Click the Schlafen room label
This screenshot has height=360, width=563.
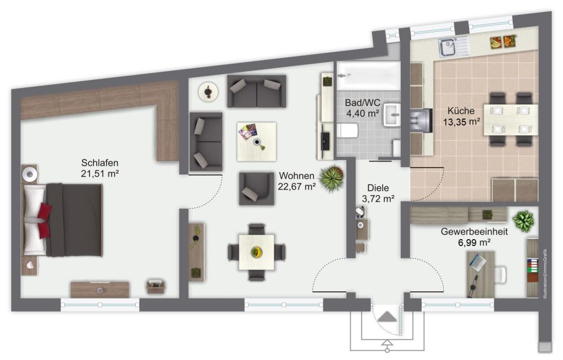pyautogui.click(x=100, y=163)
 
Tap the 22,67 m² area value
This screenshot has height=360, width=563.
pyautogui.click(x=296, y=187)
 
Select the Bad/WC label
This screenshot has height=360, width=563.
pyautogui.click(x=362, y=103)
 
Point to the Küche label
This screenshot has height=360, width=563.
pyautogui.click(x=461, y=111)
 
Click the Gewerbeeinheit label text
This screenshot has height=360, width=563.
pyautogui.click(x=474, y=231)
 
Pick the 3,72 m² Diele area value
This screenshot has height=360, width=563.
pyautogui.click(x=378, y=198)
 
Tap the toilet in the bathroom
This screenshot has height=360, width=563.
pyautogui.click(x=348, y=131)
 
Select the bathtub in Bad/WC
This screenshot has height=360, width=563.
pyautogui.click(x=368, y=76)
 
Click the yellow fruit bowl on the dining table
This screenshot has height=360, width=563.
pyautogui.click(x=256, y=252)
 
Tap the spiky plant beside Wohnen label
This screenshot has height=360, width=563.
pyautogui.click(x=331, y=179)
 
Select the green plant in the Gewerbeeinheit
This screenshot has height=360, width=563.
pyautogui.click(x=523, y=221)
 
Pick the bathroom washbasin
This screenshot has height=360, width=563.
pyautogui.click(x=392, y=115)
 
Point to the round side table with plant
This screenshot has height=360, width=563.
pyautogui.click(x=208, y=92)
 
